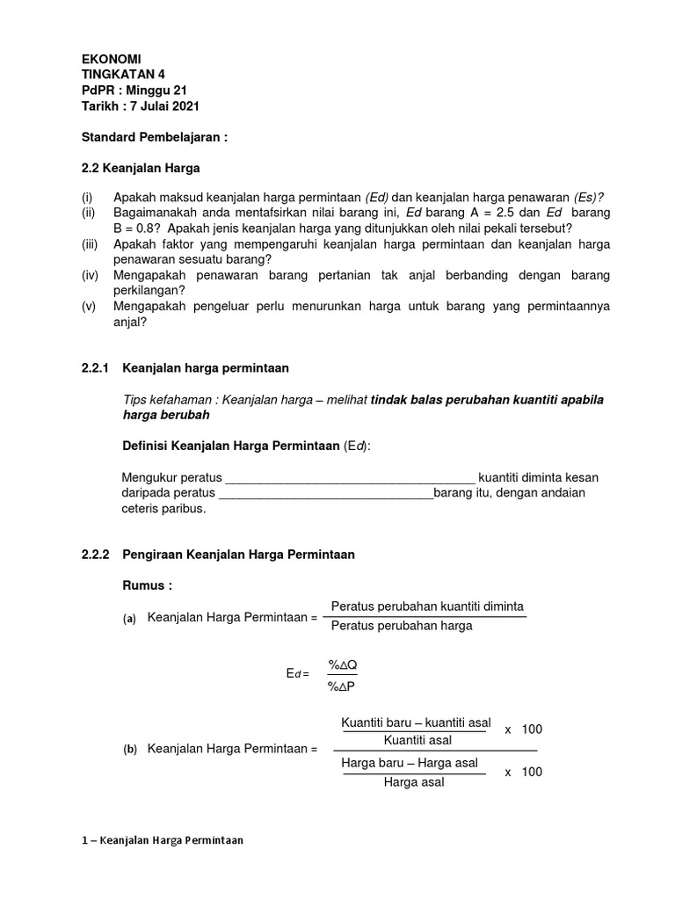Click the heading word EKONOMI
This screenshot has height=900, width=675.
[111, 58]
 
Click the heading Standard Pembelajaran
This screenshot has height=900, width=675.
[155, 138]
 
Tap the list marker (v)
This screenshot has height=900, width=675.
[90, 306]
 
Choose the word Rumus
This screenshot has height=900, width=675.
[145, 586]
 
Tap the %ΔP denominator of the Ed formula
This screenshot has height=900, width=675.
[342, 686]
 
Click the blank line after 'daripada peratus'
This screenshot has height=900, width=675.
[325, 494]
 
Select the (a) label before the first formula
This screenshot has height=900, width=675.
[129, 619]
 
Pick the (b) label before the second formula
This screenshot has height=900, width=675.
[129, 750]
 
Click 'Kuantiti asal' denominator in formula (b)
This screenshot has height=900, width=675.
[415, 742]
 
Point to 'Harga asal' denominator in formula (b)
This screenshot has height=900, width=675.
[414, 782]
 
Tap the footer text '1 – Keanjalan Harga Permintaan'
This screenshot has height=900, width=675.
[162, 840]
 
